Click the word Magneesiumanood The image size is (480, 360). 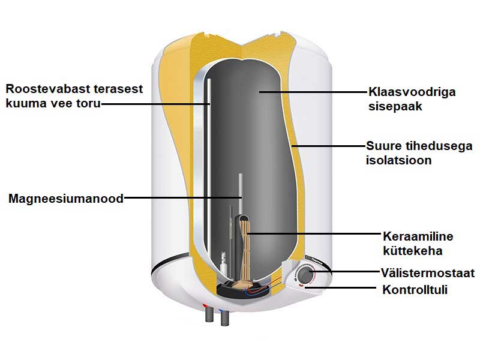tap(65, 199)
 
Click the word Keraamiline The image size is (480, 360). tap(418, 235)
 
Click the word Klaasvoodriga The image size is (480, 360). tap(412, 92)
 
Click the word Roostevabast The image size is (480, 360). tap(45, 89)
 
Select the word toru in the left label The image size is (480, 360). tap(88, 104)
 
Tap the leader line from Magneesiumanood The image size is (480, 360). tap(180, 198)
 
